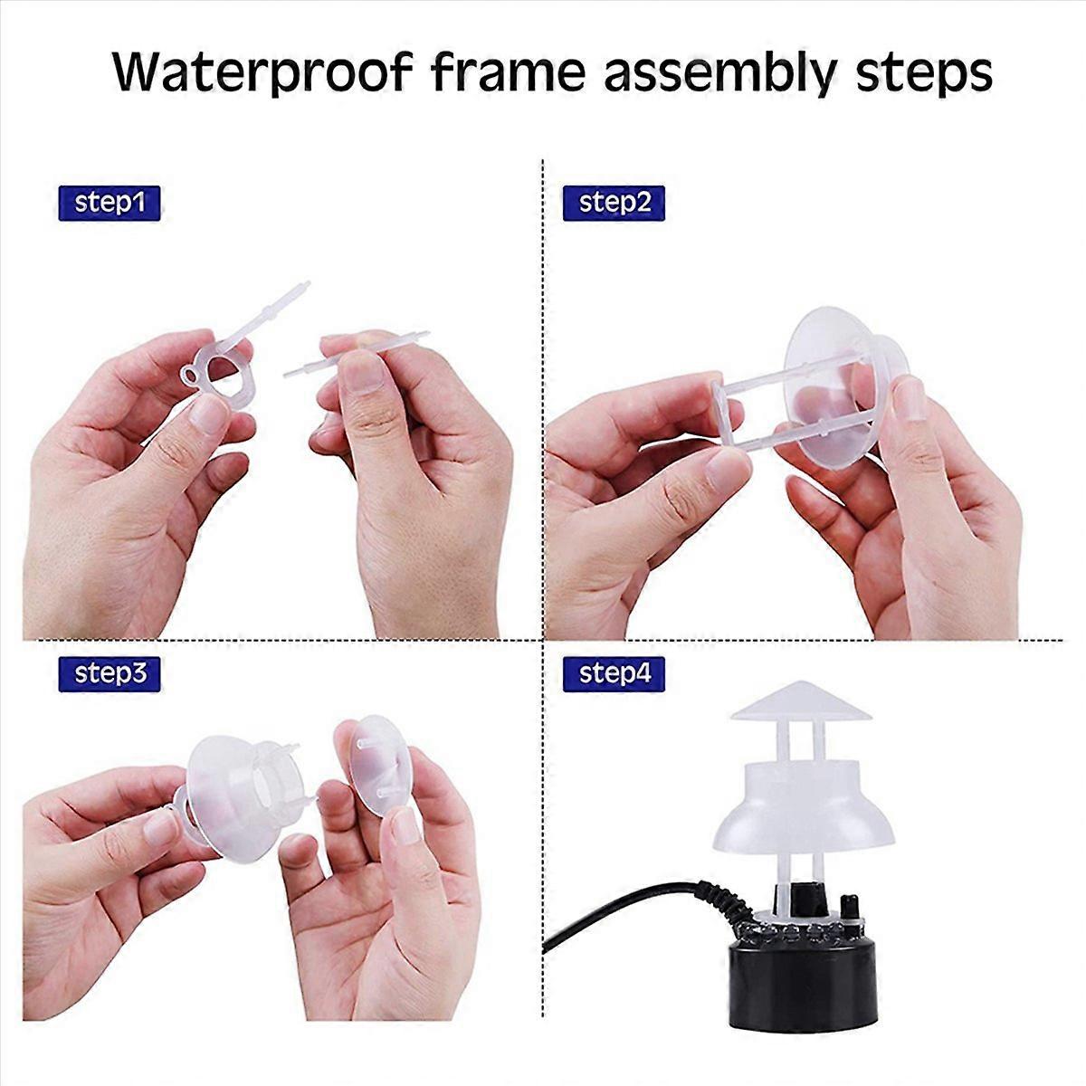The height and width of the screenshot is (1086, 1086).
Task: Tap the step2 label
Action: [x=614, y=203]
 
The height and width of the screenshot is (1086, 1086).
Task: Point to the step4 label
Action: [x=614, y=673]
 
